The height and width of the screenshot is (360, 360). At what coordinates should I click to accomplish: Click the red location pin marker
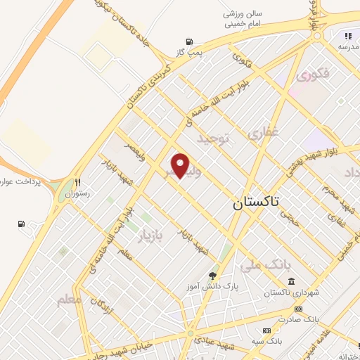[181, 166]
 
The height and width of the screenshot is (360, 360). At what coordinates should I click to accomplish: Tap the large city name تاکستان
[255, 203]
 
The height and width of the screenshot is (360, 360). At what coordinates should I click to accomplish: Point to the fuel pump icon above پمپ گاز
[188, 42]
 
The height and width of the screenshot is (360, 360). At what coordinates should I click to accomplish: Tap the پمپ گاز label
[188, 53]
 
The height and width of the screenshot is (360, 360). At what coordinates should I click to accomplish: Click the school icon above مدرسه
[347, 37]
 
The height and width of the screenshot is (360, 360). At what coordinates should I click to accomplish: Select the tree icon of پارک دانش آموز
[213, 275]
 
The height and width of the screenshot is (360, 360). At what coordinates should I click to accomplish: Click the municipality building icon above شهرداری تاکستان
[281, 282]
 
